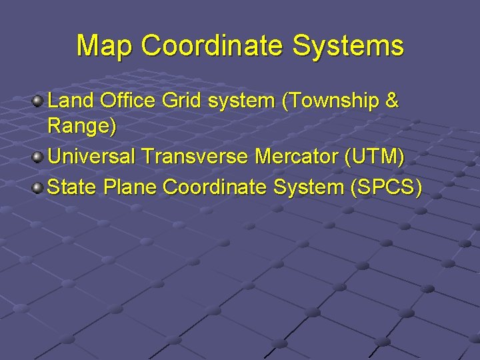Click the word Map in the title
(x=105, y=46)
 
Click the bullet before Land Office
(x=39, y=101)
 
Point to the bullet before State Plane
(x=39, y=187)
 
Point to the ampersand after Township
(x=392, y=101)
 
